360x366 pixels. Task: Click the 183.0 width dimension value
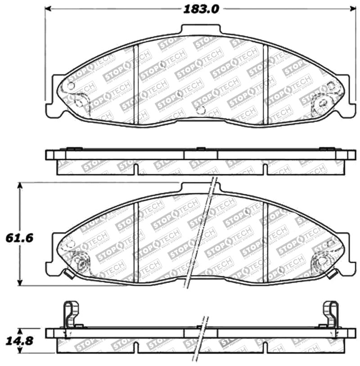(x=201, y=9)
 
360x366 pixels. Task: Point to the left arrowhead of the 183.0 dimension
(x=49, y=9)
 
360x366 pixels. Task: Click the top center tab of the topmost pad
(x=201, y=30)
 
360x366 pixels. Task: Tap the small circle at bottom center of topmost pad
(x=201, y=110)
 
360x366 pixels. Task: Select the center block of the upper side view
(x=201, y=155)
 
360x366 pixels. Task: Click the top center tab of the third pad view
(x=198, y=187)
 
